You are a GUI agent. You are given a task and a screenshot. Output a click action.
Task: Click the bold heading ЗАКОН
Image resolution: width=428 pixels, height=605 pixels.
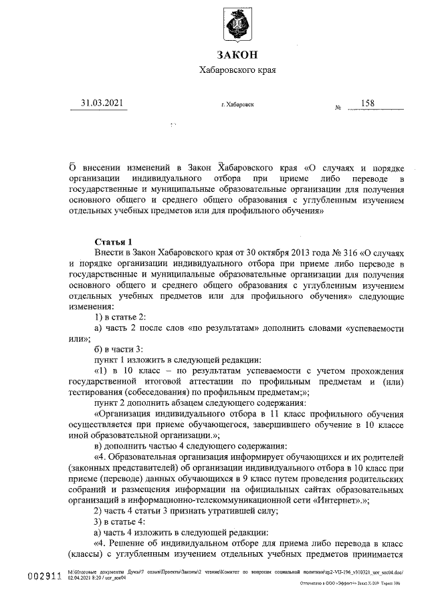click(x=237, y=55)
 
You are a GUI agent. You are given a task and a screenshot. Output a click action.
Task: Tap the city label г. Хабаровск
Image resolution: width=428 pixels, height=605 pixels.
click(x=237, y=105)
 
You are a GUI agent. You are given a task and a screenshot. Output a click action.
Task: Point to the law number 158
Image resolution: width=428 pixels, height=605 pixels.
click(x=367, y=103)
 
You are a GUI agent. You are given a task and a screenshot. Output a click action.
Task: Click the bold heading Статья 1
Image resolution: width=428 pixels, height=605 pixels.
click(x=114, y=241)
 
